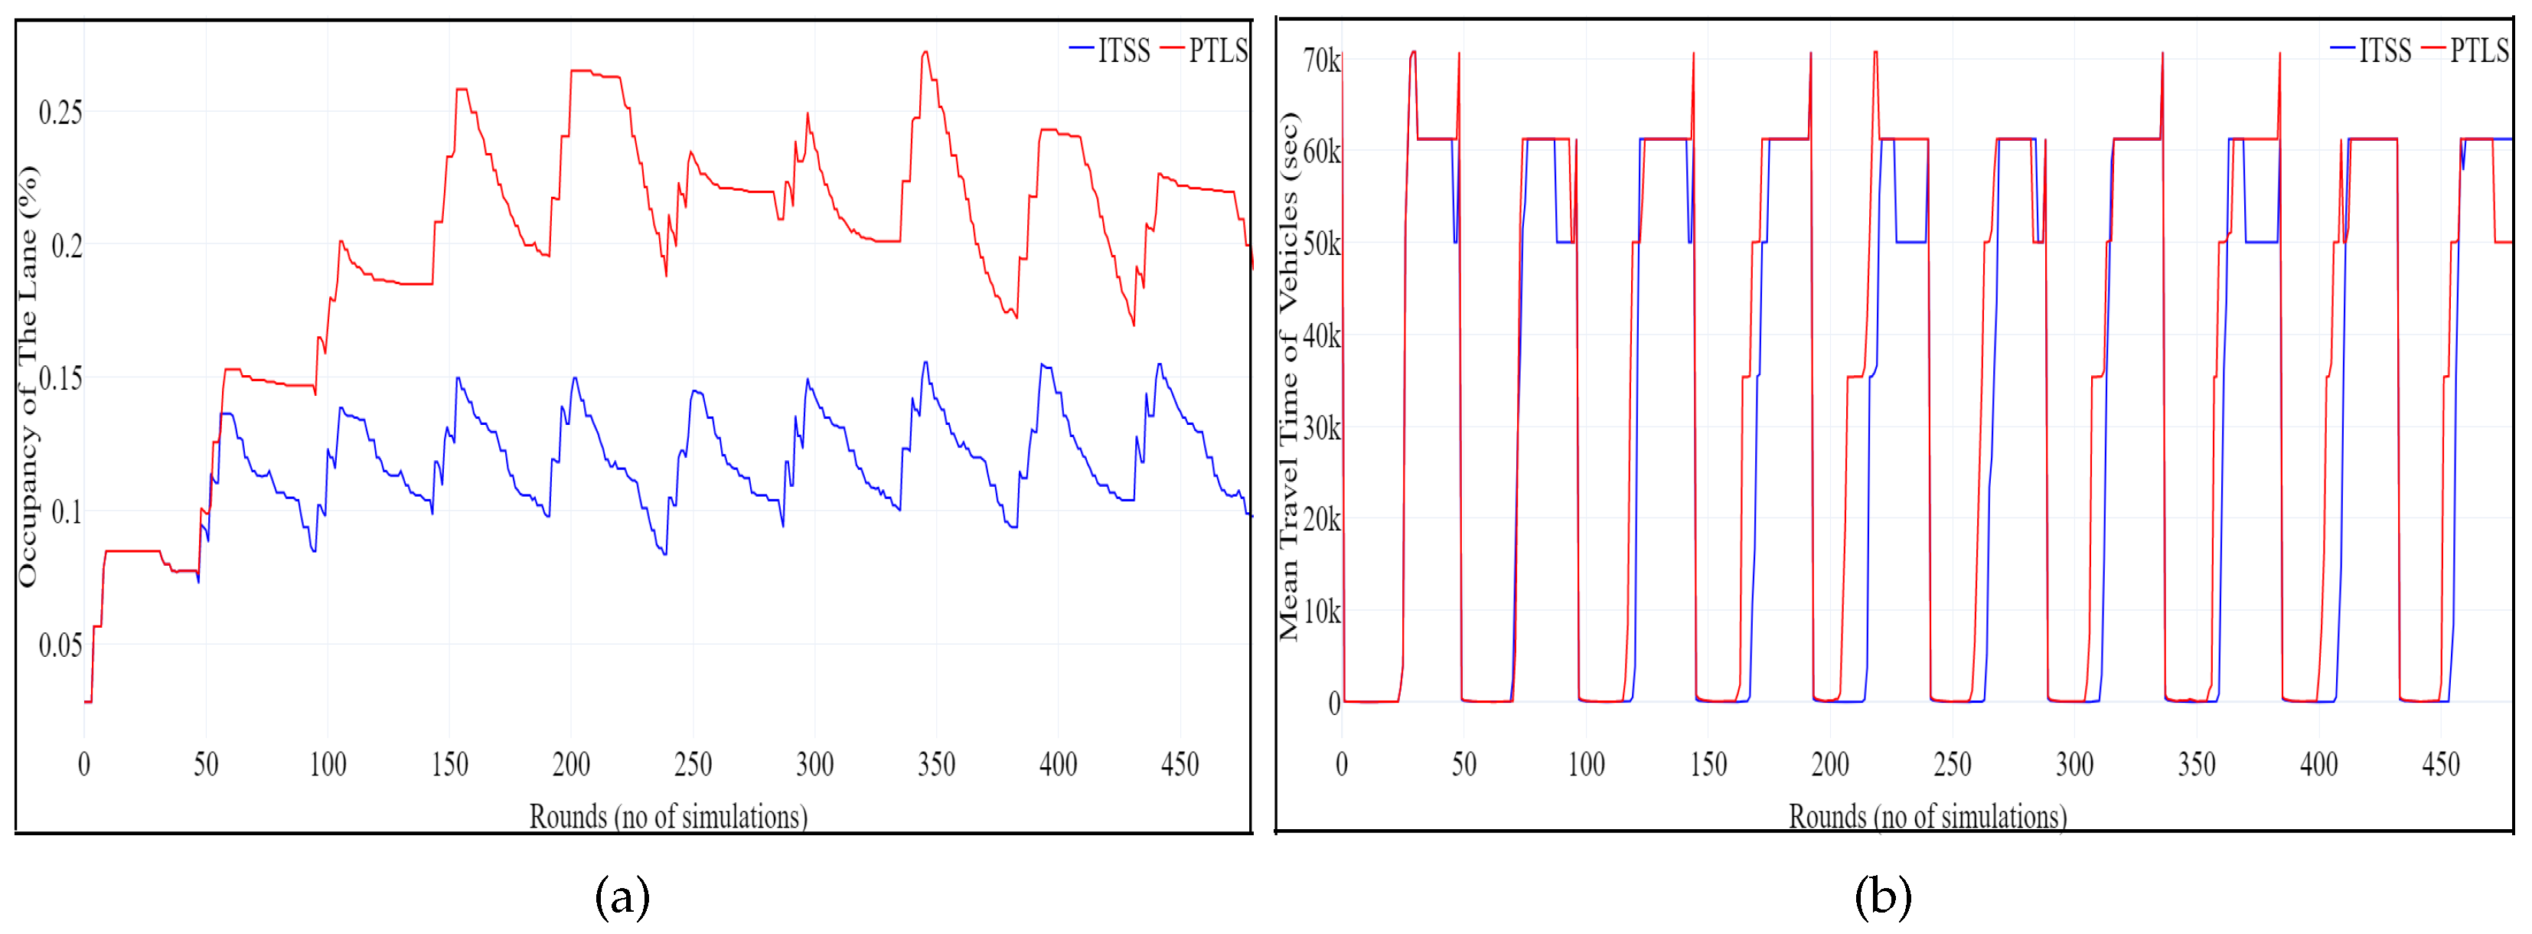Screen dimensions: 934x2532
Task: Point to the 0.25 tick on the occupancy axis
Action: point(60,112)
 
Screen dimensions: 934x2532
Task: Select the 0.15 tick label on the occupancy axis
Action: point(60,378)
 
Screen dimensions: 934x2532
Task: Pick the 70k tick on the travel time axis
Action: point(1321,61)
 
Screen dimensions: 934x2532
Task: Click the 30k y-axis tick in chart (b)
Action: point(1321,428)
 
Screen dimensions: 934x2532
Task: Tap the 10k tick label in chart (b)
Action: point(1321,612)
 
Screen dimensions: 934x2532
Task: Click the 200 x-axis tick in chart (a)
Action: point(571,764)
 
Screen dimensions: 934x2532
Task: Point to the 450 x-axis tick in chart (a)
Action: point(1180,764)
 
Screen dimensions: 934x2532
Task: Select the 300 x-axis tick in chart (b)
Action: point(2074,764)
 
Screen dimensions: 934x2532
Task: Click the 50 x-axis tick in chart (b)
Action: point(1463,764)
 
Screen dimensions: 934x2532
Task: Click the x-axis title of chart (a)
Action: point(668,816)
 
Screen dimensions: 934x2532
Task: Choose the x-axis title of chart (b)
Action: point(1927,816)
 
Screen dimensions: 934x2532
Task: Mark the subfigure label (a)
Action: point(622,896)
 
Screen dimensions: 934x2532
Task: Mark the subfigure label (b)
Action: point(1882,896)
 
